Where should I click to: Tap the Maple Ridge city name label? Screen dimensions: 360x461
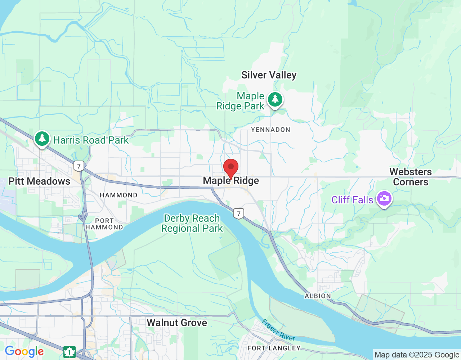pos(231,181)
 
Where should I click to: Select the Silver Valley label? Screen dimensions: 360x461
pos(269,75)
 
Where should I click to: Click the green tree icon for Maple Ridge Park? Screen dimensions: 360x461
pos(276,99)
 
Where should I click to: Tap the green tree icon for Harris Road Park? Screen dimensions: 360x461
pos(42,139)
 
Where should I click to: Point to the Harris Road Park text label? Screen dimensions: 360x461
pos(91,140)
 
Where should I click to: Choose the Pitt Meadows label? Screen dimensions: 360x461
pos(39,181)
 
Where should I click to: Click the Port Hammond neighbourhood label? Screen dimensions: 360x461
pos(104,224)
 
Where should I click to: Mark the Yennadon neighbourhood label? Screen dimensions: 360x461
pos(270,130)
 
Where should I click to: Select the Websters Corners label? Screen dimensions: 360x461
pos(411,177)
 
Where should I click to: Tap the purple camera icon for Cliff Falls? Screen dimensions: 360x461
pos(384,198)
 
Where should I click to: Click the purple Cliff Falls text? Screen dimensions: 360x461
pos(352,200)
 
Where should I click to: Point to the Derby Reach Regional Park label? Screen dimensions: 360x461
pos(192,223)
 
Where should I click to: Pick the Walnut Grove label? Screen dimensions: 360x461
pos(177,323)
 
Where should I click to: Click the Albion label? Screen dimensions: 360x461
pos(318,296)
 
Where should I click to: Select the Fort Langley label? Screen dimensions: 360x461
pos(274,348)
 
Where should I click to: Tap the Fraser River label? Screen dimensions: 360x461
pos(278,330)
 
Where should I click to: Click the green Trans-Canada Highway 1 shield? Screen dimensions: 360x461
pos(69,352)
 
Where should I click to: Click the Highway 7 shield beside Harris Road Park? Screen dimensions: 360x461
pos(79,166)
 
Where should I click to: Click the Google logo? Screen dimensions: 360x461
pos(24,352)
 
